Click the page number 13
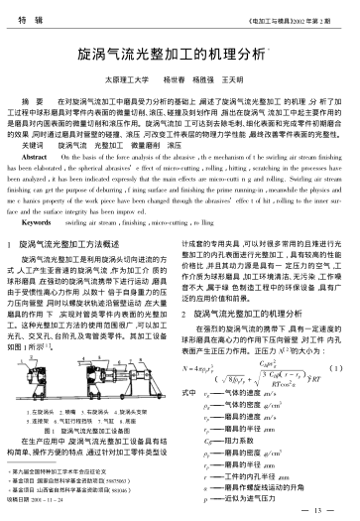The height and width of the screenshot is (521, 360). (x=322, y=509)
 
